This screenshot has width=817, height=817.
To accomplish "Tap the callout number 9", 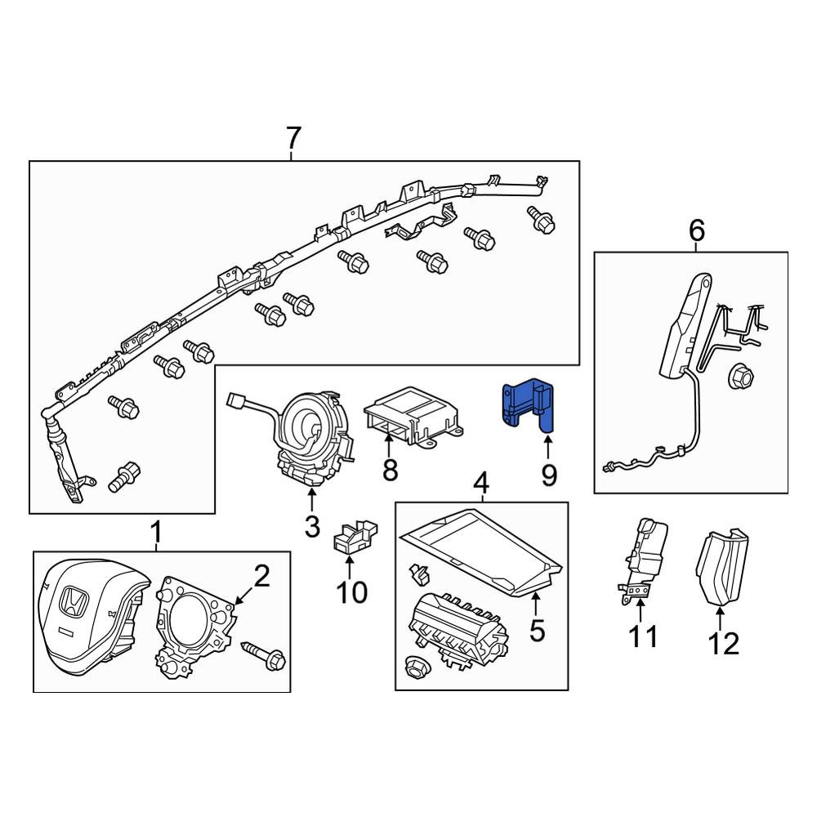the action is tap(549, 475).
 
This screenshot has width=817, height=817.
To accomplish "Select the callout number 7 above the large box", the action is tap(293, 138).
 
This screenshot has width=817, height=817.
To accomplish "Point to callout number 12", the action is tap(724, 644).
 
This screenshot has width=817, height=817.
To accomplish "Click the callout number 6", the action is tap(697, 230).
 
